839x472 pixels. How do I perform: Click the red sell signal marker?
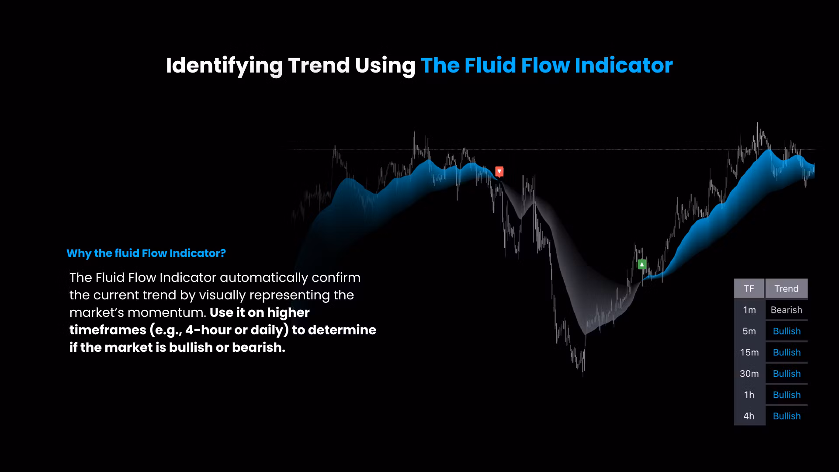tap(499, 171)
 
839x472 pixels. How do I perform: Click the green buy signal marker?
tap(642, 264)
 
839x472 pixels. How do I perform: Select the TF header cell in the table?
tap(749, 288)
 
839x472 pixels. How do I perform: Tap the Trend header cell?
tap(787, 288)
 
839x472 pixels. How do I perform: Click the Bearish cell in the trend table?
tap(787, 310)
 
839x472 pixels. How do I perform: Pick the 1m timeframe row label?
tap(749, 310)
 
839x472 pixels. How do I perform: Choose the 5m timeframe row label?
tap(749, 331)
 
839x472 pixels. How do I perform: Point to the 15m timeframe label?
tap(749, 352)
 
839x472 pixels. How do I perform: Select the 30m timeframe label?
tap(749, 374)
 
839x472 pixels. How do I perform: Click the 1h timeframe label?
tap(749, 395)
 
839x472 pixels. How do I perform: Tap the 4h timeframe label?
tap(749, 416)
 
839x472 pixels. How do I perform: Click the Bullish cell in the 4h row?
tap(787, 416)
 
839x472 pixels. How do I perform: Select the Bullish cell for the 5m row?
tap(787, 331)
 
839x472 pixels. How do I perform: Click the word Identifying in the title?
tap(224, 66)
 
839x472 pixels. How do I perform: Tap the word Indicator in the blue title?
tap(624, 65)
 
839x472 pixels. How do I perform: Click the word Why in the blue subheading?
tap(79, 253)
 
